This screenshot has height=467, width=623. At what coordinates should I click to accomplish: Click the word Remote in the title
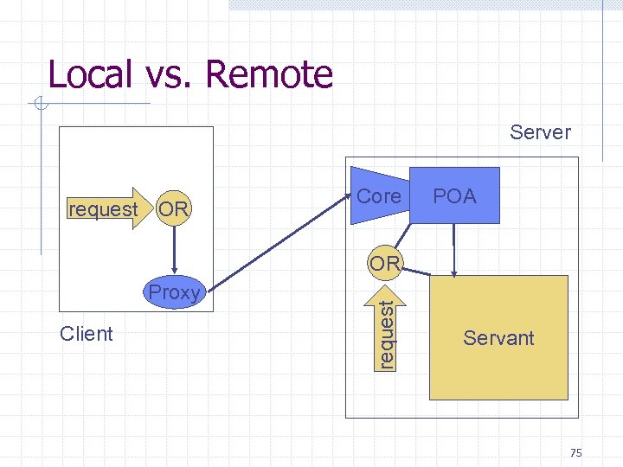pos(269,74)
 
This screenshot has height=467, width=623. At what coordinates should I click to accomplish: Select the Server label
pos(540,132)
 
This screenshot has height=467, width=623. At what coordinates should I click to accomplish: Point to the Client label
pos(87,334)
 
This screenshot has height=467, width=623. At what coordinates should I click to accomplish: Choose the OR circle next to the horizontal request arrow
pos(174,208)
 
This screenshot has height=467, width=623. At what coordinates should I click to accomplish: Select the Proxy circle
pos(175,292)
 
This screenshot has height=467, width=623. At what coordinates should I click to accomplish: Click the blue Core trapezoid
pos(379,196)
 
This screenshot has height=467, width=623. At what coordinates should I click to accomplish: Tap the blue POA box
pos(455,195)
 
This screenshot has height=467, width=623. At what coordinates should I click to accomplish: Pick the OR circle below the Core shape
pos(383,262)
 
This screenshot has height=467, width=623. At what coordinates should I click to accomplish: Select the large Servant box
pos(498,337)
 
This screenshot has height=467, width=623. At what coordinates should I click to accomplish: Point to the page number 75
pos(577,453)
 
